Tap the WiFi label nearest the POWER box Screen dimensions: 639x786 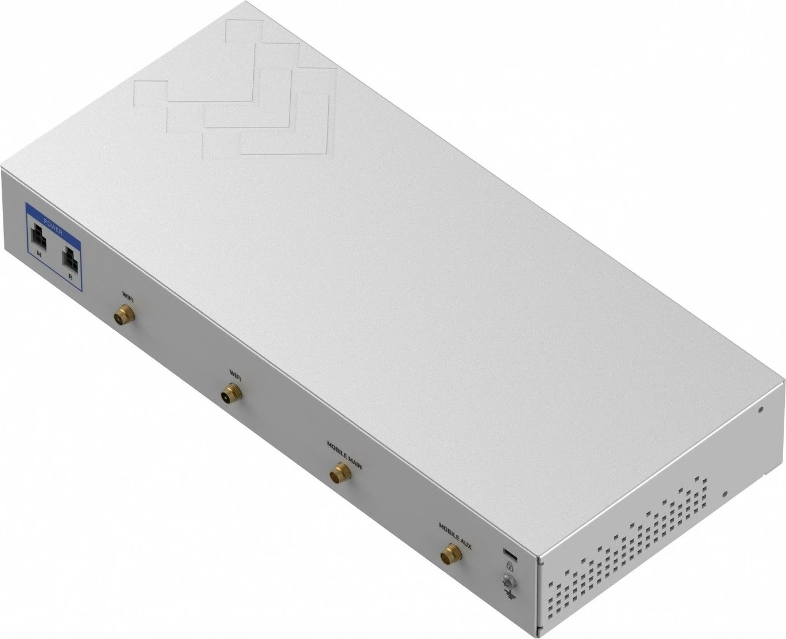128,295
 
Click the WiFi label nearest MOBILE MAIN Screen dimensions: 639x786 235,373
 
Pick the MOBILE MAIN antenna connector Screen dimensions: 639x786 339,472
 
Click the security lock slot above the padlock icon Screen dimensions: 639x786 508,552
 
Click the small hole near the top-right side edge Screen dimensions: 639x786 760,409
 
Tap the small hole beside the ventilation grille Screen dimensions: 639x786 724,493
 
